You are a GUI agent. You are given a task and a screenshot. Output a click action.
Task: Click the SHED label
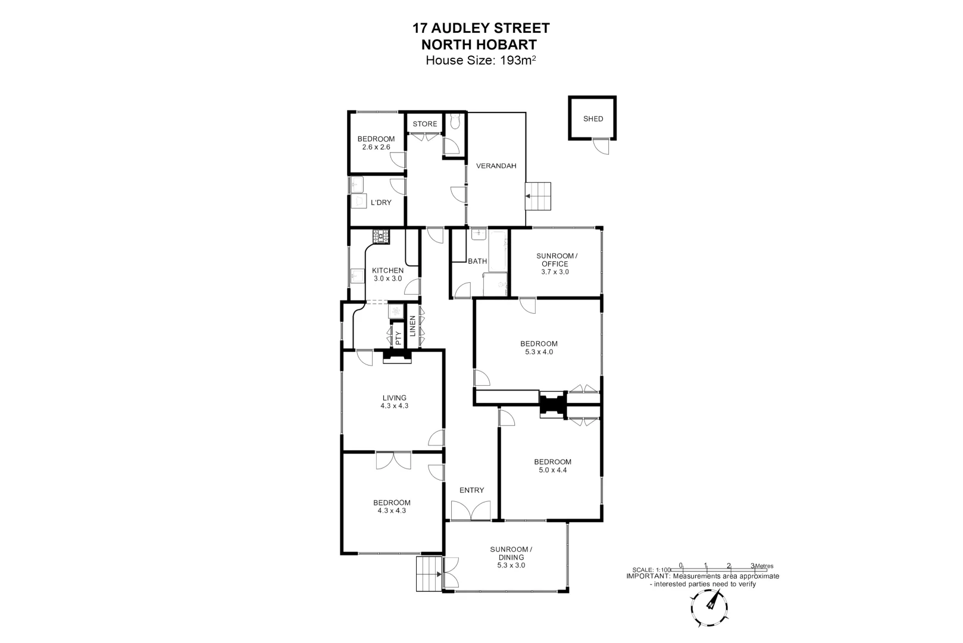[593, 119]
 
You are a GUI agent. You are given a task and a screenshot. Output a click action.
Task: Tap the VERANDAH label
[496, 166]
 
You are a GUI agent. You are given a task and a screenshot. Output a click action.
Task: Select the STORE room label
[425, 124]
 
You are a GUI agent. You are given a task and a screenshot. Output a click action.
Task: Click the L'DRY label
[381, 202]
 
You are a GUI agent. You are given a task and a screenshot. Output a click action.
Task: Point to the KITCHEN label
[388, 270]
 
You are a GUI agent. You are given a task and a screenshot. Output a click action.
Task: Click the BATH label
[477, 261]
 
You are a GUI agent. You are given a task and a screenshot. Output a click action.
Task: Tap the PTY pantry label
[398, 338]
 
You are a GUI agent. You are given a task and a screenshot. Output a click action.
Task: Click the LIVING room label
[394, 398]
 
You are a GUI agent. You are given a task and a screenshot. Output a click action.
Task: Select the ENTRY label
[471, 490]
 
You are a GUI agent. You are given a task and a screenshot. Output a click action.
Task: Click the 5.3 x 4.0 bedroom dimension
[539, 352]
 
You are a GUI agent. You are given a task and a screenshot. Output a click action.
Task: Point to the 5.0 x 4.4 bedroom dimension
[552, 470]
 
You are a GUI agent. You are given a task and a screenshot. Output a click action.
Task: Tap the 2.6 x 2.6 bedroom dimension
[376, 146]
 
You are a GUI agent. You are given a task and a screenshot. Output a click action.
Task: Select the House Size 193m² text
[481, 60]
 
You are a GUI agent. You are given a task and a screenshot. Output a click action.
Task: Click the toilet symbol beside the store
[455, 122]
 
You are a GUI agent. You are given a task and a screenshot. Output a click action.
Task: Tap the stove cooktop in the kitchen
[382, 236]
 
